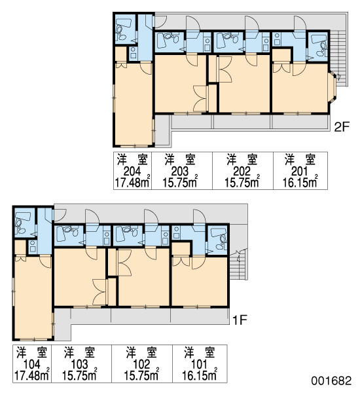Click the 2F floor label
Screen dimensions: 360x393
pyautogui.click(x=342, y=127)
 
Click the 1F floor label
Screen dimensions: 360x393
pyautogui.click(x=240, y=320)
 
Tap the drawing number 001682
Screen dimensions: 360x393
pyautogui.click(x=331, y=381)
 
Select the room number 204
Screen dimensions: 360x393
pyautogui.click(x=132, y=172)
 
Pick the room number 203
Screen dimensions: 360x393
pyautogui.click(x=179, y=172)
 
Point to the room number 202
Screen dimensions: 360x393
pyautogui.click(x=242, y=172)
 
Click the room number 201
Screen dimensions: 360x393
pyautogui.click(x=299, y=172)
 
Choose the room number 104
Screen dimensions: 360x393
pyautogui.click(x=32, y=365)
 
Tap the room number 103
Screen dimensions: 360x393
pyautogui.click(x=79, y=365)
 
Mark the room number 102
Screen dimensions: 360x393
pyautogui.click(x=141, y=365)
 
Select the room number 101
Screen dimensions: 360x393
pyautogui.click(x=199, y=365)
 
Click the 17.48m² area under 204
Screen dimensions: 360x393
pyautogui.click(x=132, y=182)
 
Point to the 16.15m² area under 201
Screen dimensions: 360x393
pyautogui.click(x=300, y=182)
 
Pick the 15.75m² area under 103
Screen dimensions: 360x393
pyautogui.click(x=80, y=375)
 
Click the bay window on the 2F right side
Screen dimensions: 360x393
pyautogui.click(x=332, y=87)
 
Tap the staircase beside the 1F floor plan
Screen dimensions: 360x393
pyautogui.click(x=238, y=264)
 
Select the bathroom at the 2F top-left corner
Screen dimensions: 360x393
pyautogui.click(x=124, y=29)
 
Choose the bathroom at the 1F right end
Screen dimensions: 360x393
pyautogui.click(x=218, y=240)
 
